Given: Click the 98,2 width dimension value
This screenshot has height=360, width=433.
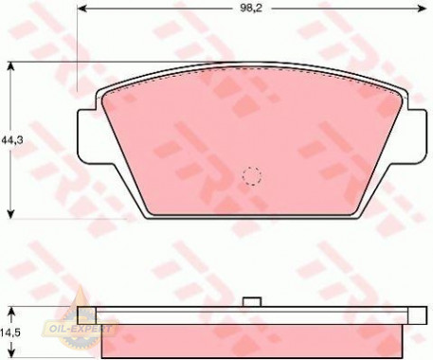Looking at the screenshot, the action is [x=251, y=9].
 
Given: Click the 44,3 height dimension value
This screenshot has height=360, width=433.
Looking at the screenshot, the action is [x=12, y=140].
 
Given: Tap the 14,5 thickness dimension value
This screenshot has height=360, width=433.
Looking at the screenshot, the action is [x=10, y=333].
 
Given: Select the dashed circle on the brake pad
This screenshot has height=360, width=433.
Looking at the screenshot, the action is [x=252, y=176].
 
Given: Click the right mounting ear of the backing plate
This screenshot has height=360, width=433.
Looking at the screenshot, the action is [x=418, y=135].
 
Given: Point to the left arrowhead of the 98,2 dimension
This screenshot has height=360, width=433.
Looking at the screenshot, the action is [x=82, y=9].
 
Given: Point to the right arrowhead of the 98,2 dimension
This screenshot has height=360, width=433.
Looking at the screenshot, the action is [x=423, y=9].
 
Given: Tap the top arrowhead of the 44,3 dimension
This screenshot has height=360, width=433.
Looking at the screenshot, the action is [x=11, y=67].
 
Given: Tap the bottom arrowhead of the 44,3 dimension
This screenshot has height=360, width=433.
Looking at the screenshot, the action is [x=11, y=213].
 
